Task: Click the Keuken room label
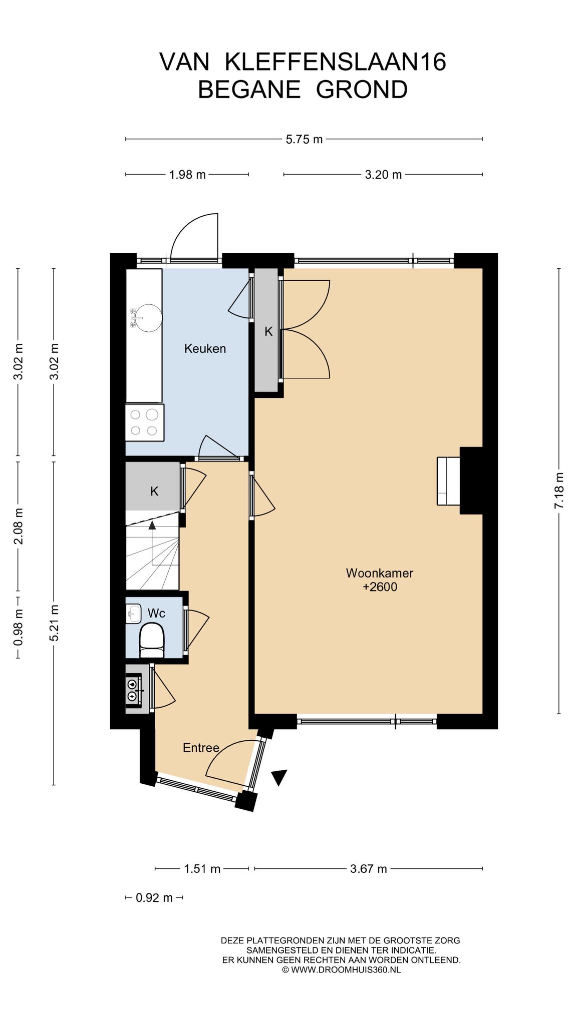tap(205, 348)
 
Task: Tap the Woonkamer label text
tap(380, 573)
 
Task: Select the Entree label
tap(201, 748)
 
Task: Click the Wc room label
tap(156, 613)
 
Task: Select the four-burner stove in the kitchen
tap(145, 422)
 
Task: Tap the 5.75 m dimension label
tap(304, 139)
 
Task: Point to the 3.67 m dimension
tap(368, 869)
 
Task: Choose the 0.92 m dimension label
tap(154, 898)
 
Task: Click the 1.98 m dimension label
tap(187, 175)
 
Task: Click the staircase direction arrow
tap(152, 543)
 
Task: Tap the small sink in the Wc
tap(134, 614)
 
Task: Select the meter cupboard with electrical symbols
tap(134, 690)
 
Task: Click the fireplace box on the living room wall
tap(448, 481)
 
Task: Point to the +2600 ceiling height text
tap(380, 587)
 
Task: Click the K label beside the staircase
tap(154, 491)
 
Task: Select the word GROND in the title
tap(362, 90)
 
